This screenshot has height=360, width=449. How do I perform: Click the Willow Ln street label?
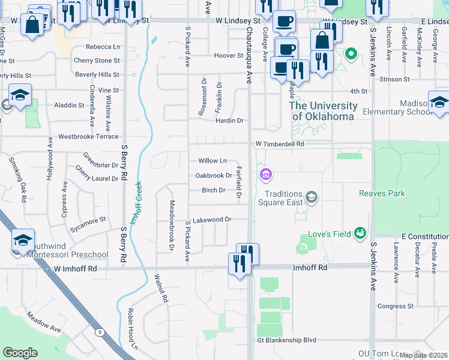pos(212,161)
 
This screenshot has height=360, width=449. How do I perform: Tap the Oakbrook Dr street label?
pos(214,176)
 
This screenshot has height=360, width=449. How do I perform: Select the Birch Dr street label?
pos(213,190)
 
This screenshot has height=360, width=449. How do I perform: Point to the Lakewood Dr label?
pos(212,220)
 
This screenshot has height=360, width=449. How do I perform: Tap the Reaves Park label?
pos(382,193)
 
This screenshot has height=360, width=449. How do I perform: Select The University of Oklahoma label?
pos(323,111)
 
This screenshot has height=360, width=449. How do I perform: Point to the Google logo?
pos(20,353)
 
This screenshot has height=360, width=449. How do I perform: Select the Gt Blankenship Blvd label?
pos(286,340)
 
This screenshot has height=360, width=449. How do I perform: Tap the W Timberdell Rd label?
pos(280,145)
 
